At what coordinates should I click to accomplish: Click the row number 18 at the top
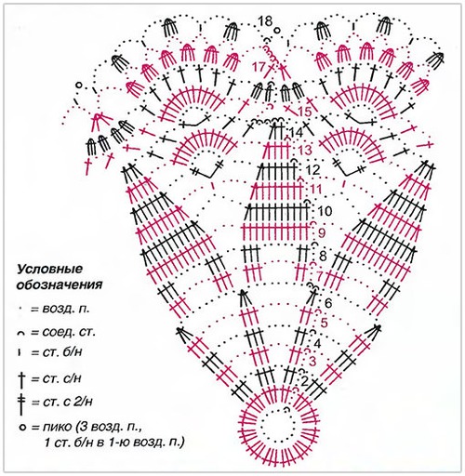point(265,21)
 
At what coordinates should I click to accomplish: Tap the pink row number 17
point(259,67)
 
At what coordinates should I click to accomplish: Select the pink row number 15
point(304,112)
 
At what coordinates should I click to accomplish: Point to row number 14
point(295,133)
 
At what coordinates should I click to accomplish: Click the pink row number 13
point(304,151)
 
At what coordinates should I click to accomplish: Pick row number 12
point(312,170)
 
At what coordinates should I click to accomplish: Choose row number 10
point(325,212)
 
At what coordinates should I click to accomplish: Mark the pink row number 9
point(322,232)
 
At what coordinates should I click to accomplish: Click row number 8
point(323,257)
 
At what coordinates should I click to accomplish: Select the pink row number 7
point(320,275)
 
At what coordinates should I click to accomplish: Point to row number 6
point(328,303)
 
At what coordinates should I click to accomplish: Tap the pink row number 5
point(324,323)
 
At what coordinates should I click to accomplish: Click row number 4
point(317,344)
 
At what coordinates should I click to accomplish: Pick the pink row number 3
point(312,362)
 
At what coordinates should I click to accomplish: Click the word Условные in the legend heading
point(50,269)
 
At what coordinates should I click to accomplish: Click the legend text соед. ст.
point(68,332)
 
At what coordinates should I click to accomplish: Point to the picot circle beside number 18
point(277,30)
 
